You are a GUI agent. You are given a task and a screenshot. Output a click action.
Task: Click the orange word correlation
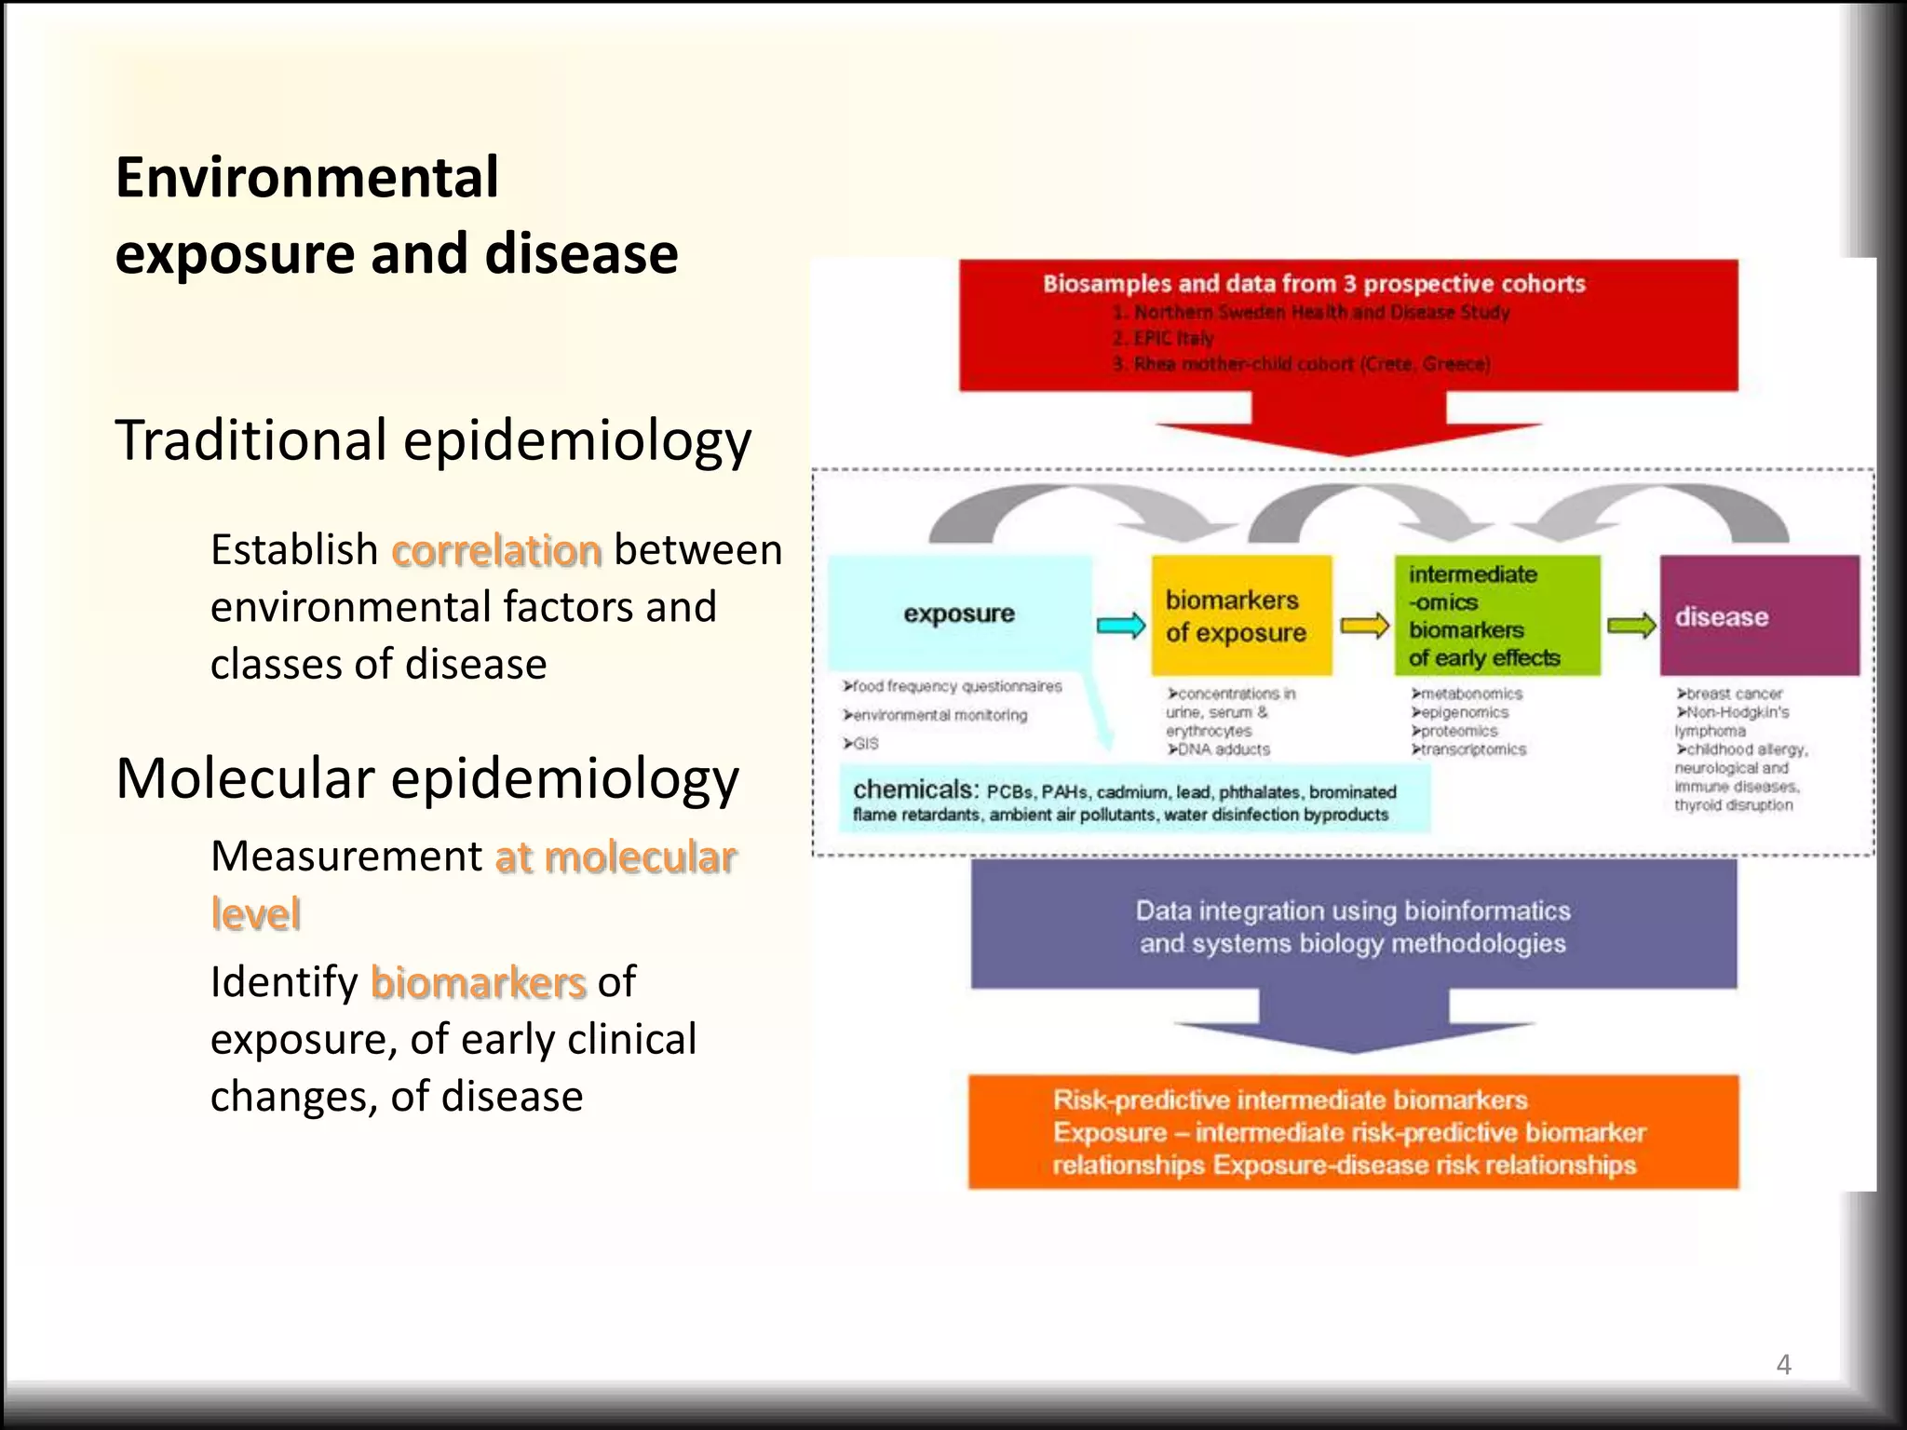pyautogui.click(x=496, y=550)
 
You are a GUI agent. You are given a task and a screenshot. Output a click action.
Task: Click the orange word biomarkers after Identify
pyautogui.click(x=478, y=982)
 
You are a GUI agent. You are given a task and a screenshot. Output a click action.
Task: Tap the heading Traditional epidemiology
pyautogui.click(x=433, y=439)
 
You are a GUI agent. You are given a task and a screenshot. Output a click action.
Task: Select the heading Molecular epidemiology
pyautogui.click(x=426, y=778)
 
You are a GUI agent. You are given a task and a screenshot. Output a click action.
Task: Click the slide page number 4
pyautogui.click(x=1783, y=1365)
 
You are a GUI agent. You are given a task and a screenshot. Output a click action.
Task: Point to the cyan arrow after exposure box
pyautogui.click(x=1120, y=626)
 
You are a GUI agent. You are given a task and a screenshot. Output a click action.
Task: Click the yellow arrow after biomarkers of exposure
pyautogui.click(x=1364, y=626)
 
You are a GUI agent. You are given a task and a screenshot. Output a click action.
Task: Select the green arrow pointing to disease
pyautogui.click(x=1631, y=626)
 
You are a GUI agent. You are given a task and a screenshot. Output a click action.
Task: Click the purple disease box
pyautogui.click(x=1758, y=615)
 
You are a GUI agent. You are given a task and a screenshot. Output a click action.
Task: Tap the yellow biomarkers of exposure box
pyautogui.click(x=1240, y=615)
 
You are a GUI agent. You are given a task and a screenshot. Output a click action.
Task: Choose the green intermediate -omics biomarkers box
pyautogui.click(x=1496, y=615)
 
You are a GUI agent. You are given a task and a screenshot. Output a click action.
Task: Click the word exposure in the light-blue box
pyautogui.click(x=958, y=614)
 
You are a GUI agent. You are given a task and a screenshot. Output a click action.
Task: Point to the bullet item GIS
pyautogui.click(x=861, y=744)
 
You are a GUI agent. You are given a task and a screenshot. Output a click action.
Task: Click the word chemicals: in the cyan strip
pyautogui.click(x=914, y=789)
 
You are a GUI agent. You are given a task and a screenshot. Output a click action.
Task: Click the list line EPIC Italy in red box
pyautogui.click(x=1164, y=338)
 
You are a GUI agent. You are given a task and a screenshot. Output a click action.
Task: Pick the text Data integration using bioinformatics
pyautogui.click(x=1352, y=911)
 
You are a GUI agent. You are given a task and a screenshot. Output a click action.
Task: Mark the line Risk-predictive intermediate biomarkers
pyautogui.click(x=1290, y=1099)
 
